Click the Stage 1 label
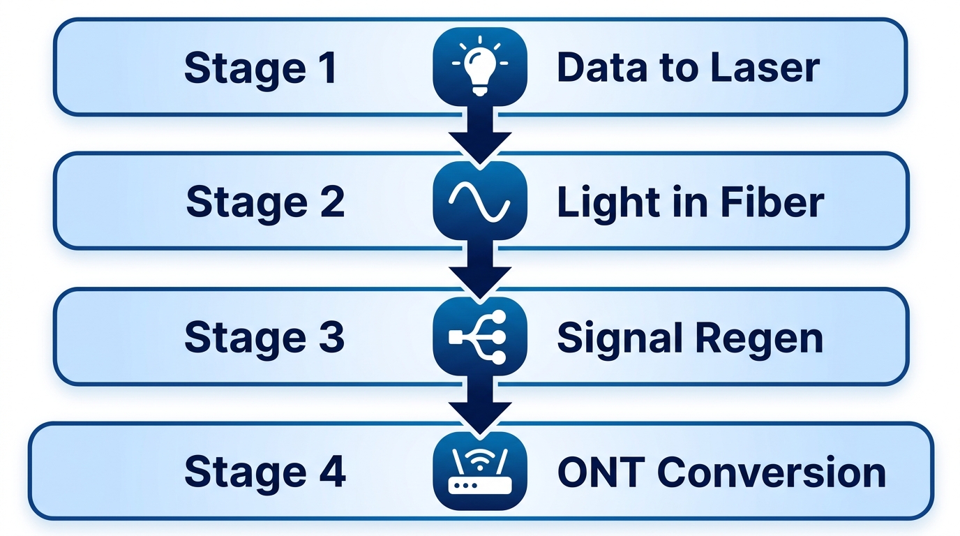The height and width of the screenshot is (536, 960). point(260,68)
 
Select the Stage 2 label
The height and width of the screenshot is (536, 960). point(265,202)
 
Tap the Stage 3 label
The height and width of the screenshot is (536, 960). point(264,337)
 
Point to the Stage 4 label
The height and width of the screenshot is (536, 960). point(265,472)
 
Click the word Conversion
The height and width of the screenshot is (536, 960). point(772,472)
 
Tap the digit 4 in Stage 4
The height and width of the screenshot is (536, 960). point(332,472)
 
